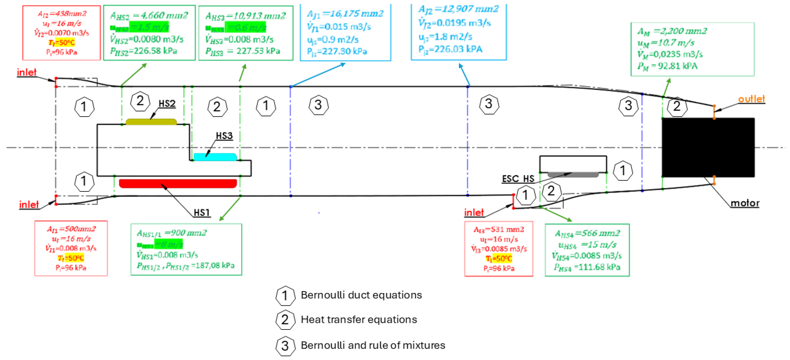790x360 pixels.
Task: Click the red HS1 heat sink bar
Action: pyautogui.click(x=178, y=183)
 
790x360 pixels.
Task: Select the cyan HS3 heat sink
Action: pyautogui.click(x=215, y=157)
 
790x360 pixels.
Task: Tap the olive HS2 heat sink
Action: pyautogui.click(x=151, y=122)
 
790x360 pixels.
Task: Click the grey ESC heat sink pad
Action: pyautogui.click(x=573, y=175)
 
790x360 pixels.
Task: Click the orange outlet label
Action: pyautogui.click(x=751, y=99)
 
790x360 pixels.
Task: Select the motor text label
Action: pyautogui.click(x=745, y=203)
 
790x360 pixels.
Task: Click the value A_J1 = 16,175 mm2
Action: pyautogui.click(x=345, y=14)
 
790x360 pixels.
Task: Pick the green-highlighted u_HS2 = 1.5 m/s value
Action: pyautogui.click(x=149, y=27)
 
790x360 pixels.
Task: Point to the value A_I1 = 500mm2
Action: pyautogui.click(x=71, y=229)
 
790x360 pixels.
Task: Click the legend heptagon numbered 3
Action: pyautogui.click(x=285, y=346)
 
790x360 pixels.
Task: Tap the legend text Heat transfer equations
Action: pyautogui.click(x=359, y=320)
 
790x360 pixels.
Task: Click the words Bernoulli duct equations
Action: pyautogui.click(x=361, y=295)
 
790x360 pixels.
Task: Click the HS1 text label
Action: pyautogui.click(x=202, y=212)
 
